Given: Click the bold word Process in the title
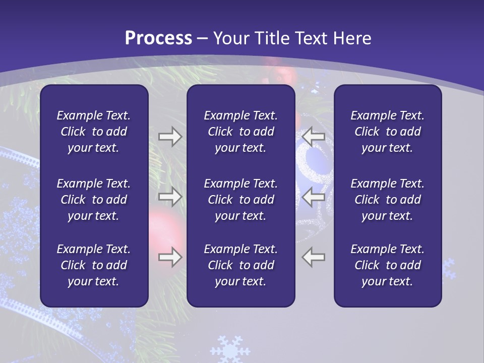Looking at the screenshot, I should [x=158, y=38].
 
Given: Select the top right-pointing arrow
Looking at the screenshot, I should [x=170, y=136].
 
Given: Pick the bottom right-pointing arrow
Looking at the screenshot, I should [x=170, y=257].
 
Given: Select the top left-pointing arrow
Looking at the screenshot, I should [x=314, y=136].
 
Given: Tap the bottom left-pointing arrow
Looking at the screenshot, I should [x=314, y=257].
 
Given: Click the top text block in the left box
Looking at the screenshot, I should [x=94, y=132].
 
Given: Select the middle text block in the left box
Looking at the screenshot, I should [x=94, y=200].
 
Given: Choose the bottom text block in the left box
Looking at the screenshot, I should [x=94, y=265].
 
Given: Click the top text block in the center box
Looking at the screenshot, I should [x=240, y=132].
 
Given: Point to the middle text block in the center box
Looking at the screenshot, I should [x=240, y=200].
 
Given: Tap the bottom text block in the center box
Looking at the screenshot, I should [x=240, y=265].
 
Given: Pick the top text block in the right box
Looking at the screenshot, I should [x=387, y=132].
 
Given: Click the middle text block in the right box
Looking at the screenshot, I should [x=387, y=200].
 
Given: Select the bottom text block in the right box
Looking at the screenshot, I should [x=387, y=265].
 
